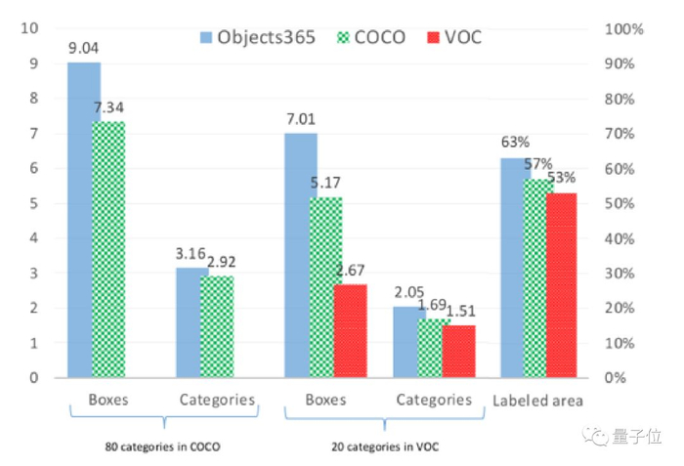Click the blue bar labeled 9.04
click(x=83, y=220)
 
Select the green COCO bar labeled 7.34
click(x=108, y=249)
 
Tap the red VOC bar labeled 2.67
click(x=350, y=330)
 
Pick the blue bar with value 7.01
click(x=300, y=255)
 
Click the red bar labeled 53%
click(x=561, y=284)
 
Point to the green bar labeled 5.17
click(x=325, y=287)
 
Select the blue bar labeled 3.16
click(x=192, y=322)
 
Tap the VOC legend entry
click(x=453, y=38)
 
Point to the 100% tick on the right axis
click(x=624, y=29)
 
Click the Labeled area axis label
click(x=537, y=401)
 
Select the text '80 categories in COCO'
click(x=163, y=446)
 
